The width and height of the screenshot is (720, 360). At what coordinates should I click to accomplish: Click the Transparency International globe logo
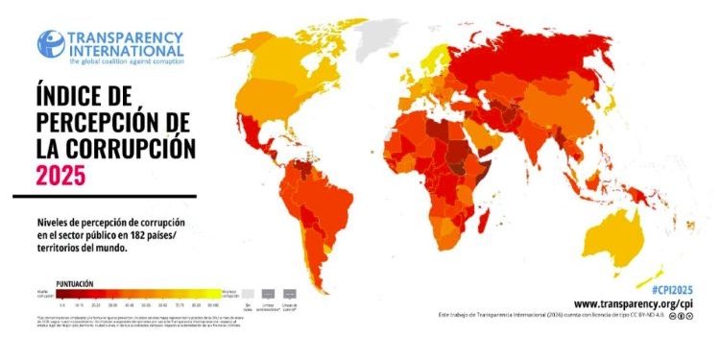[51, 44]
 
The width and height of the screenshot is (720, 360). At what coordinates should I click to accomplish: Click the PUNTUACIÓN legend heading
[74, 283]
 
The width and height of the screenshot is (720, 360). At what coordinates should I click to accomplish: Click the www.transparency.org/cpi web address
[635, 301]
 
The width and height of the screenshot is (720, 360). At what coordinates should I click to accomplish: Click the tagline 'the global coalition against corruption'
[125, 60]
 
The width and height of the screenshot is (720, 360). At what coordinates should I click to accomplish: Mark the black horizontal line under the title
[104, 197]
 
